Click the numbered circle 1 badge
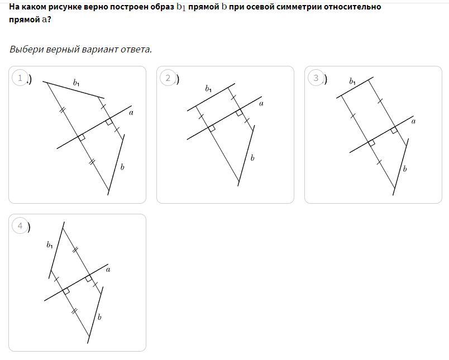pos(20,78)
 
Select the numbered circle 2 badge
pos(168,78)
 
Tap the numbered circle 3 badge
pos(316,78)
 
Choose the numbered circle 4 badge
pos(20,226)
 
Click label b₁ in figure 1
pos(76,83)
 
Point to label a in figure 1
pos(131,113)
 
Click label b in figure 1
pos(122,167)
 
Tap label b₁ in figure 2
pos(208,89)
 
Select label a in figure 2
pos(261,104)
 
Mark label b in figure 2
pos(252,158)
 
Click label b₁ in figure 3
pos(352,81)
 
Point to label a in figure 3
pos(413,122)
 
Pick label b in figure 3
pos(405,169)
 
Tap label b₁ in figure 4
pos(50,245)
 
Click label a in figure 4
pos(108,270)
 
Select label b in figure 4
pos(99,317)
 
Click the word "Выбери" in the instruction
pos(27,49)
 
